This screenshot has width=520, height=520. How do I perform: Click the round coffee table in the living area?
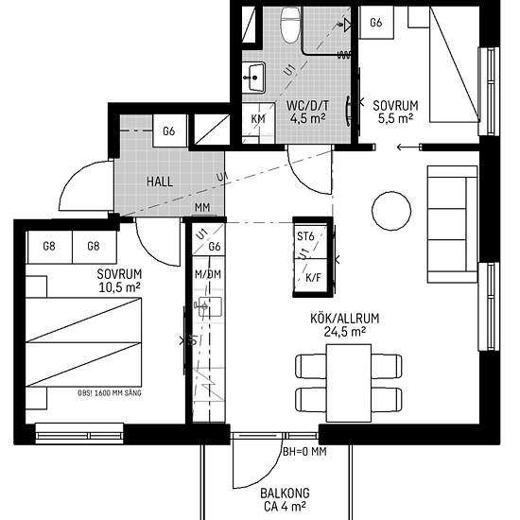[x=391, y=211]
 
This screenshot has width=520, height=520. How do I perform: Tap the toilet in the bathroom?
[x=290, y=25]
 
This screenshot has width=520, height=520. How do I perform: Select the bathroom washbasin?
[x=253, y=78]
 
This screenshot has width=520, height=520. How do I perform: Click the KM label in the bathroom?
[x=258, y=119]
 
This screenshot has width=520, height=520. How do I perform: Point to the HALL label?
[x=160, y=182]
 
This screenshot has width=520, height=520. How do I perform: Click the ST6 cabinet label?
[x=305, y=236]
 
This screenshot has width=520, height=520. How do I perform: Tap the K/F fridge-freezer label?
[x=313, y=277]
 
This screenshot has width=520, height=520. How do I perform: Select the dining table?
[x=349, y=383]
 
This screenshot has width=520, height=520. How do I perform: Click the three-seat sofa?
[x=452, y=224]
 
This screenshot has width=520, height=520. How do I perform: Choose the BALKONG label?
[x=285, y=494]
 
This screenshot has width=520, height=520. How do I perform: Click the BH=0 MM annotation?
[x=304, y=451]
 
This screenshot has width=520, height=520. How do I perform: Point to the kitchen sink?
[x=208, y=306]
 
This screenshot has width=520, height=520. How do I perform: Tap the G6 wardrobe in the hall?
[x=169, y=131]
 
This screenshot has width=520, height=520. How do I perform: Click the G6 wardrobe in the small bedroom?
[x=376, y=23]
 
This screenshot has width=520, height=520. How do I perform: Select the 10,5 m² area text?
[x=119, y=287]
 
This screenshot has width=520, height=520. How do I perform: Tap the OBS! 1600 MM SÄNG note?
[x=110, y=393]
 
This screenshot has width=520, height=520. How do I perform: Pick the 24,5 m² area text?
[x=345, y=331]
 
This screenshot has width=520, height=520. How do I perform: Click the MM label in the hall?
[x=202, y=208]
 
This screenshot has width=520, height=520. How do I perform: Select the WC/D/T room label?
[x=308, y=106]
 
